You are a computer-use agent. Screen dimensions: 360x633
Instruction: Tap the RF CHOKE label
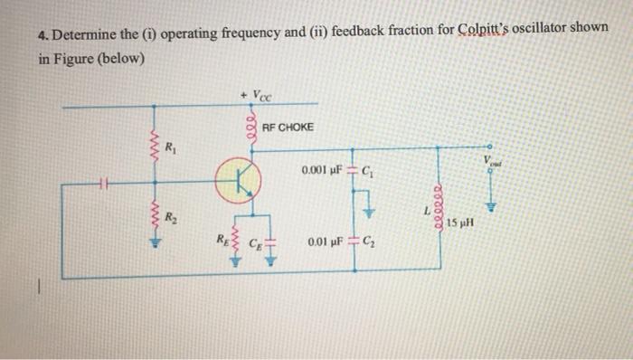click(x=288, y=127)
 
